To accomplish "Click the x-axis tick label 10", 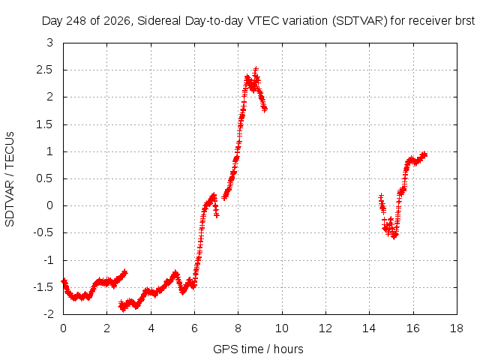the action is click(x=282, y=328).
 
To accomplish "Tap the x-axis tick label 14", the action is click(x=369, y=328).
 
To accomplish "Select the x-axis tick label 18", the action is click(x=457, y=328).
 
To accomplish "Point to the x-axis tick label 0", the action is click(x=63, y=328).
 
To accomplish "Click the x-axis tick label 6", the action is click(x=194, y=328).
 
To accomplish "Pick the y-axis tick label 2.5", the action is click(x=45, y=70).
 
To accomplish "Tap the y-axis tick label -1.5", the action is click(x=43, y=287).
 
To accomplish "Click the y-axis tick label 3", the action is click(x=50, y=43).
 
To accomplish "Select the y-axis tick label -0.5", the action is click(x=43, y=233).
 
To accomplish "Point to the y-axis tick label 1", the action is click(x=50, y=151).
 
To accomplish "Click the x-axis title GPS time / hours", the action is click(x=258, y=349).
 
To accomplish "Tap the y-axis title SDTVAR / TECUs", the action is click(x=10, y=179).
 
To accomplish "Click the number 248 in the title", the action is click(x=76, y=21).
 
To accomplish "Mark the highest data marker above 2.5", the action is click(x=256, y=69).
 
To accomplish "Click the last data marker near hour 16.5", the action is click(x=424, y=154).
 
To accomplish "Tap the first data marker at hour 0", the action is click(x=64, y=281).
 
